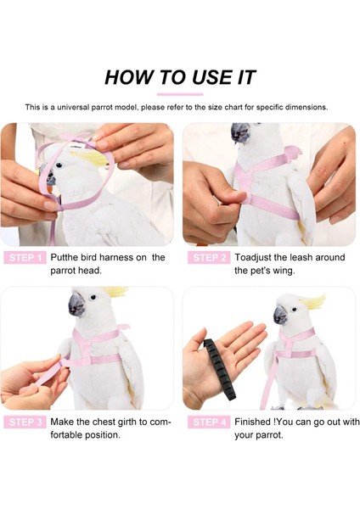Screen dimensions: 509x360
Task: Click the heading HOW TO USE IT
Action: [x=180, y=77]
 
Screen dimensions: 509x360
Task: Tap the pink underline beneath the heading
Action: [x=180, y=94]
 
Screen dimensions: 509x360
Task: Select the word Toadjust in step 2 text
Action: [x=256, y=257]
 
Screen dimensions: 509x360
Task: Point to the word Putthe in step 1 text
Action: [x=67, y=257]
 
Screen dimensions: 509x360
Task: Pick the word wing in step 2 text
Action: [x=294, y=271]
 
